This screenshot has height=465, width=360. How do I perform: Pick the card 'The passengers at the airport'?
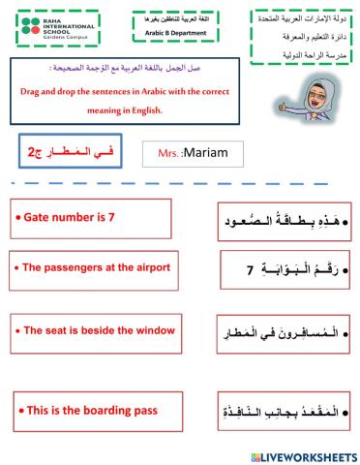pyautogui.click(x=96, y=267)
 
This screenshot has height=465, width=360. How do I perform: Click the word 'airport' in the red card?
pyautogui.click(x=149, y=267)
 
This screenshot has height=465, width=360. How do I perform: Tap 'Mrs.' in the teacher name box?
pyautogui.click(x=168, y=153)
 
